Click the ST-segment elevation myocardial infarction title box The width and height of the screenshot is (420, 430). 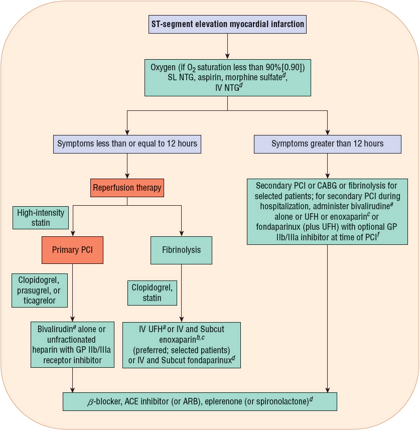point(227,24)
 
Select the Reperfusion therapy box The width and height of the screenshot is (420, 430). point(127,188)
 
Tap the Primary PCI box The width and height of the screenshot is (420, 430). point(73,250)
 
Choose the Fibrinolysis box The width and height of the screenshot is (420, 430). point(181,250)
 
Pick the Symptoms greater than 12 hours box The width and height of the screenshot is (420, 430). point(328,144)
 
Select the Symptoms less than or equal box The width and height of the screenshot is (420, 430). point(127,144)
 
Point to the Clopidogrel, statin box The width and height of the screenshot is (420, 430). point(152,293)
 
